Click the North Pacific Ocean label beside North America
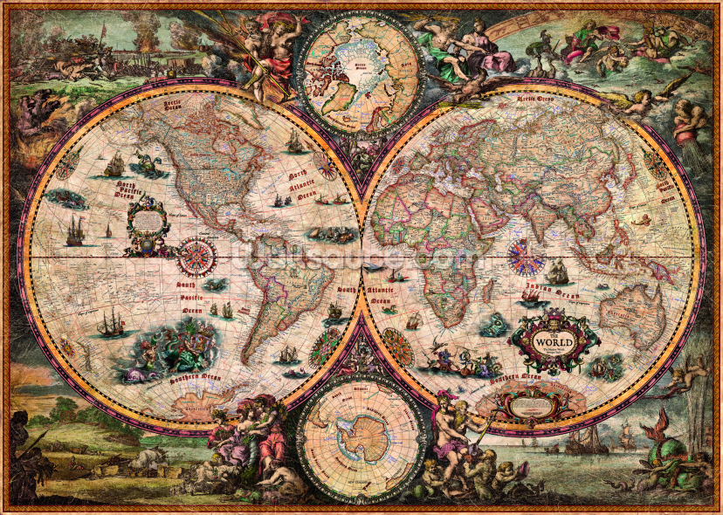pos(114,191)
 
